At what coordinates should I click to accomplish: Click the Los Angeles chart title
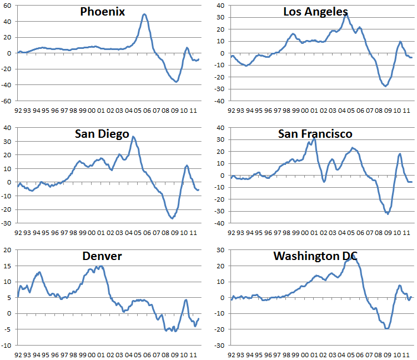[315, 12]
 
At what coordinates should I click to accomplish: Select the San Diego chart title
[102, 134]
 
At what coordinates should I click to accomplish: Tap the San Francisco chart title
[315, 134]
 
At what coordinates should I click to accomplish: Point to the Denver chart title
[102, 256]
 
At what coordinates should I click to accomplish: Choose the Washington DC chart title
[315, 256]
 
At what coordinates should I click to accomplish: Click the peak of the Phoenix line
[144, 14]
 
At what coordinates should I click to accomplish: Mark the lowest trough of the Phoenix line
[176, 82]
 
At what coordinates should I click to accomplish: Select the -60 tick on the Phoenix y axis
[8, 101]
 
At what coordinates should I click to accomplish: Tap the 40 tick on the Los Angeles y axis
[221, 6]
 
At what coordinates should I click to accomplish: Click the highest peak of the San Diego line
[133, 137]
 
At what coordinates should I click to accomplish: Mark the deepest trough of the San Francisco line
[387, 213]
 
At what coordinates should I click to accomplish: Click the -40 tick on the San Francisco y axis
[220, 223]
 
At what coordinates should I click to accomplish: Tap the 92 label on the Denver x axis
[18, 353]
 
